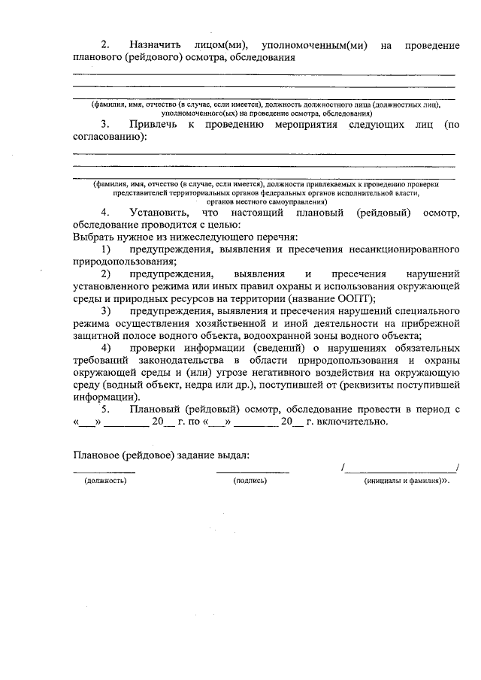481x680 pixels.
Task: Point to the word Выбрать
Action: [x=94, y=237]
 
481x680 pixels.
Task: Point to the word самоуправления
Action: [x=294, y=201]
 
